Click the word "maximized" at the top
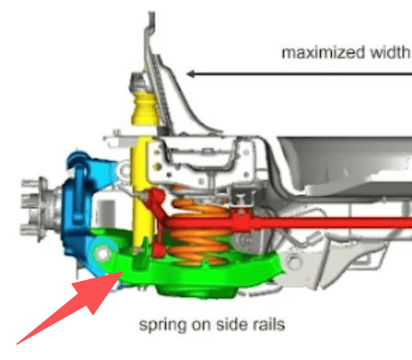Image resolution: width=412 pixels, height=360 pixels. pos(323,52)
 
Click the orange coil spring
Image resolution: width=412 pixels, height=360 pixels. pos(199,229)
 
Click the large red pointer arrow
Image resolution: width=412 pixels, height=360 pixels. pos(70,308)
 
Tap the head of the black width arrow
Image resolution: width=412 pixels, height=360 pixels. pos(191,74)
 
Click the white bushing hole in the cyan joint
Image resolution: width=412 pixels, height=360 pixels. pos(102,254)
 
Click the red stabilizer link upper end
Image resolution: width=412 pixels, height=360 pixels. pos(155,197)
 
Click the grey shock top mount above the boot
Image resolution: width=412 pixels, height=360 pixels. pos(139,82)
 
